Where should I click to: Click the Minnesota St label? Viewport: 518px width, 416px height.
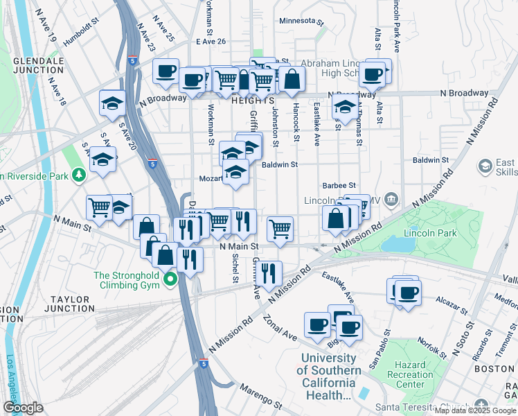(x=301, y=21)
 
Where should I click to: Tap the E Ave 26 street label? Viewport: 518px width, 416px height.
(x=211, y=42)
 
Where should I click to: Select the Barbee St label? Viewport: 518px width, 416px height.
(x=339, y=186)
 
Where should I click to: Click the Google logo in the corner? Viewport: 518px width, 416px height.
(x=23, y=407)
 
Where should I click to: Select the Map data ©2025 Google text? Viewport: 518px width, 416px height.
(x=474, y=410)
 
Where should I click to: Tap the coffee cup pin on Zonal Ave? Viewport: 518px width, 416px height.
(x=318, y=324)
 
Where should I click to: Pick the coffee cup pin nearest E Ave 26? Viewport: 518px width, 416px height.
(x=166, y=70)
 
